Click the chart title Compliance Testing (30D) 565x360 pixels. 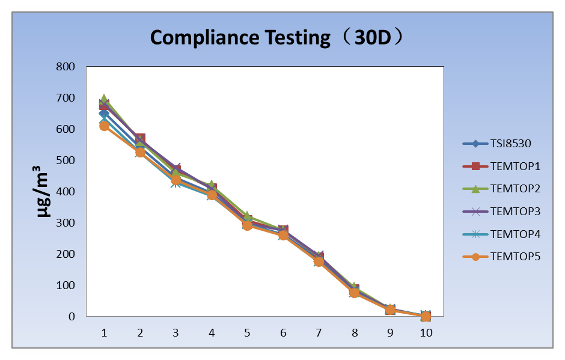[276, 37]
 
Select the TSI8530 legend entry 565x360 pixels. [510, 144]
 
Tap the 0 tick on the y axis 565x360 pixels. [71, 317]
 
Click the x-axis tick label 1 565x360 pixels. [104, 332]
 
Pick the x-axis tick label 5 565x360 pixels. [247, 332]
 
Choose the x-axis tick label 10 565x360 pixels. [426, 332]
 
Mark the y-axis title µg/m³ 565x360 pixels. [43, 191]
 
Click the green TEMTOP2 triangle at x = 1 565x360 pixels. [104, 99]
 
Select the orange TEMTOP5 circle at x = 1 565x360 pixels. [104, 126]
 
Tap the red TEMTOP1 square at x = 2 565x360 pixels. [140, 139]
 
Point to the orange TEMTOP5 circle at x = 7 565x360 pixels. [319, 261]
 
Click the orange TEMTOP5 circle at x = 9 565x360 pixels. [390, 310]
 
